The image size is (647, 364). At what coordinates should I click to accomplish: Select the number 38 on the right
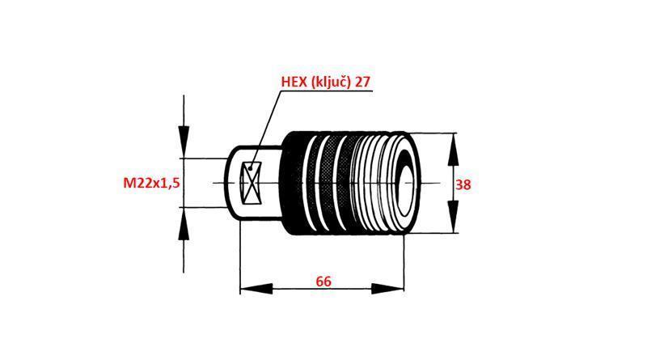click(x=463, y=184)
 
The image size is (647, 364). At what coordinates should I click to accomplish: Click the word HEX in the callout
click(x=296, y=82)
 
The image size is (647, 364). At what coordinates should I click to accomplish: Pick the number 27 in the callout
click(x=364, y=82)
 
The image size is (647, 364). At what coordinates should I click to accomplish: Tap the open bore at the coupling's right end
click(x=402, y=183)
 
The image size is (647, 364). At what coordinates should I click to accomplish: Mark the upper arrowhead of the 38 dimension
click(x=453, y=146)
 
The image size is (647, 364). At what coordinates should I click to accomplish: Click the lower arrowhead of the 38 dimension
click(x=453, y=220)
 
